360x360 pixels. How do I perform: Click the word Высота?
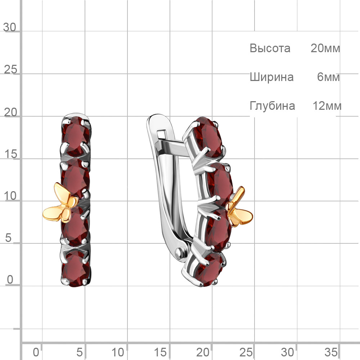tap(270, 48)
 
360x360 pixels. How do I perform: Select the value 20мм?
tap(325, 48)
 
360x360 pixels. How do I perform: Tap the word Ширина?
tap(271, 77)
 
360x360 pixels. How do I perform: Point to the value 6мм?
tap(328, 77)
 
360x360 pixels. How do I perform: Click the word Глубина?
tap(272, 106)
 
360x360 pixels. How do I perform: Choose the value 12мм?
tap(327, 106)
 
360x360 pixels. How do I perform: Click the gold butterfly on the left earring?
tap(61, 203)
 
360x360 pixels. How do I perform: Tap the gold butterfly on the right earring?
tap(239, 207)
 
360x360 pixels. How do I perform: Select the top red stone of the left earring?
tap(76, 136)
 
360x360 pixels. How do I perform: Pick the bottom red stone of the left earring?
tap(76, 268)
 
